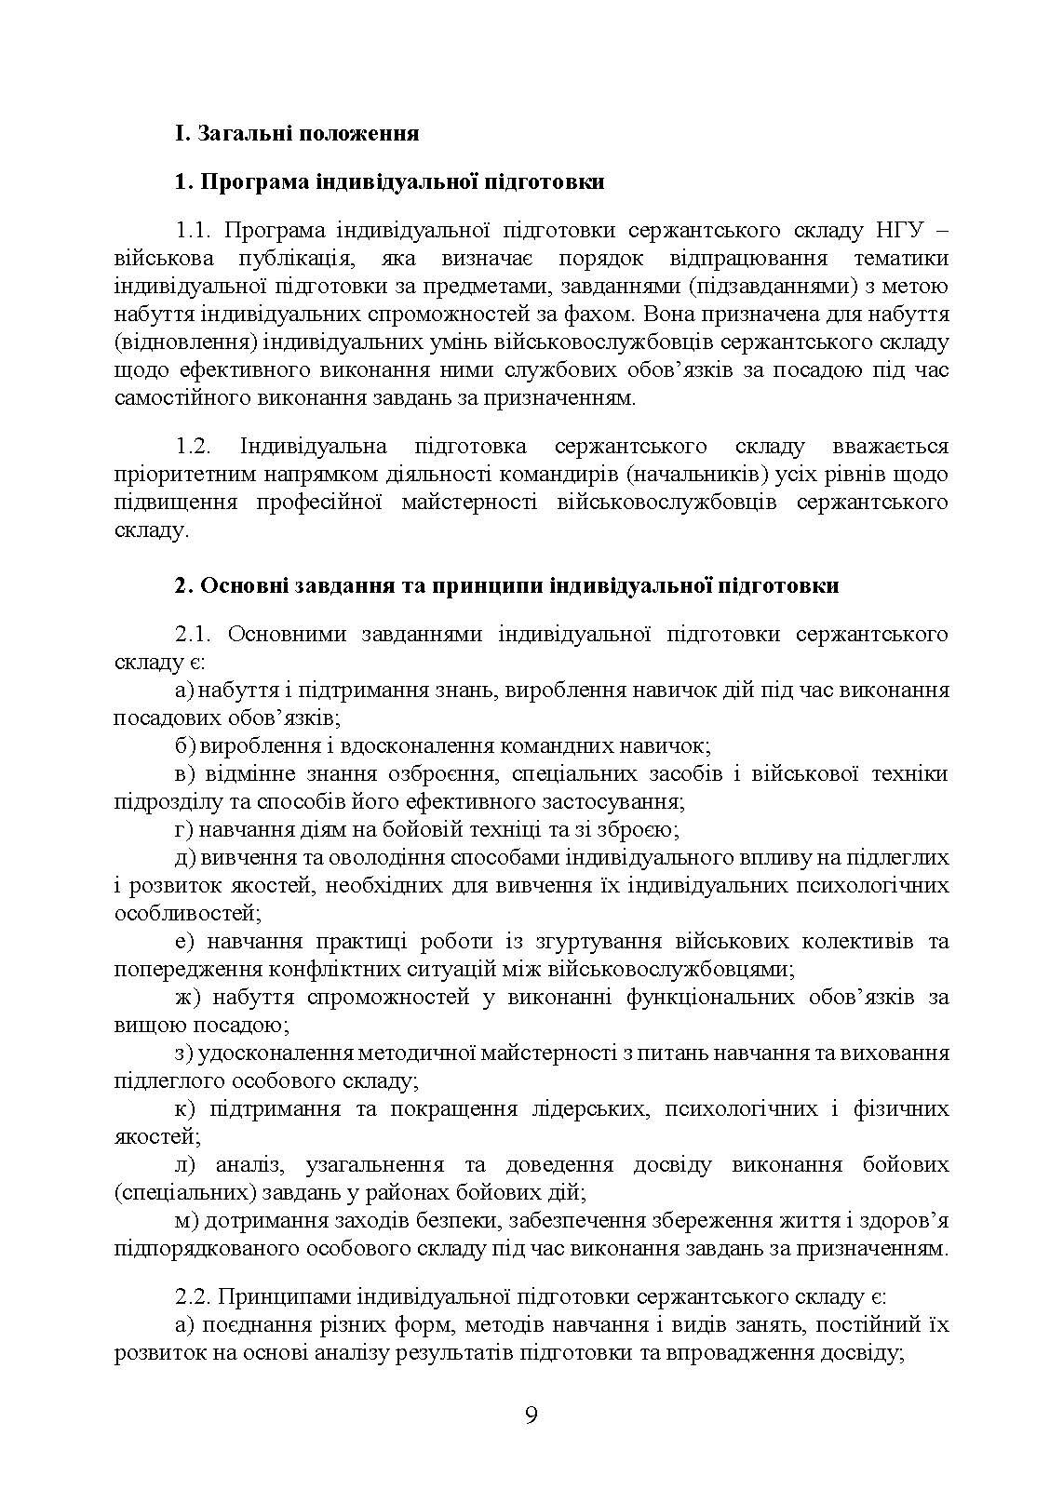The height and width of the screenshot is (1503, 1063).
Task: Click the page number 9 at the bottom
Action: click(x=531, y=1416)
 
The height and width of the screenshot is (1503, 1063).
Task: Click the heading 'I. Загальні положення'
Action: click(x=297, y=133)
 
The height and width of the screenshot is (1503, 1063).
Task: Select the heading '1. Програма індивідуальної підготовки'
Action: click(x=390, y=181)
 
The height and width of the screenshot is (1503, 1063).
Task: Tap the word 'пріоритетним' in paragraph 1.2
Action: click(x=175, y=475)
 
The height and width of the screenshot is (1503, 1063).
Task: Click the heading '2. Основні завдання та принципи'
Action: click(x=506, y=586)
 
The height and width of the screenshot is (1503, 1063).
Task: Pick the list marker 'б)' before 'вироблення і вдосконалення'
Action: click(x=184, y=746)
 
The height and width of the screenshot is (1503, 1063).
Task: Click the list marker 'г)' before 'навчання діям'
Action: click(x=183, y=829)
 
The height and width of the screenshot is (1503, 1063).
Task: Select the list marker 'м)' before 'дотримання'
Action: click(x=186, y=1220)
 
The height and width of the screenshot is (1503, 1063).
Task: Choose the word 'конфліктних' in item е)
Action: click(x=331, y=969)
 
